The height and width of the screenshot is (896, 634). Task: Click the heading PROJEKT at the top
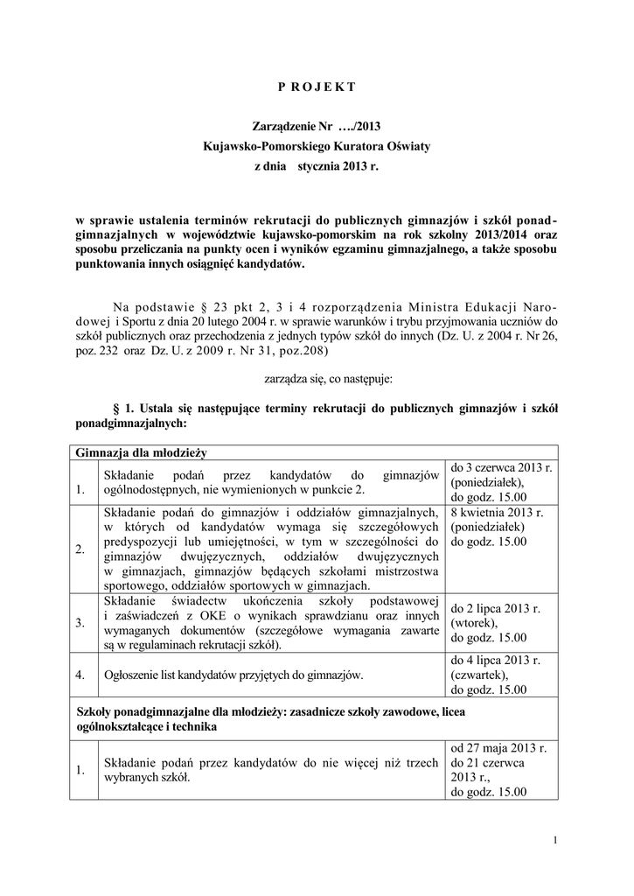point(317,87)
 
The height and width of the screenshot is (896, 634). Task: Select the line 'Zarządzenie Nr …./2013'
point(317,127)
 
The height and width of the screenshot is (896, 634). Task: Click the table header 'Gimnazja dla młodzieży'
point(140,452)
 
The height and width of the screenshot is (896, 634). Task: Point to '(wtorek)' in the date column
point(473,623)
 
